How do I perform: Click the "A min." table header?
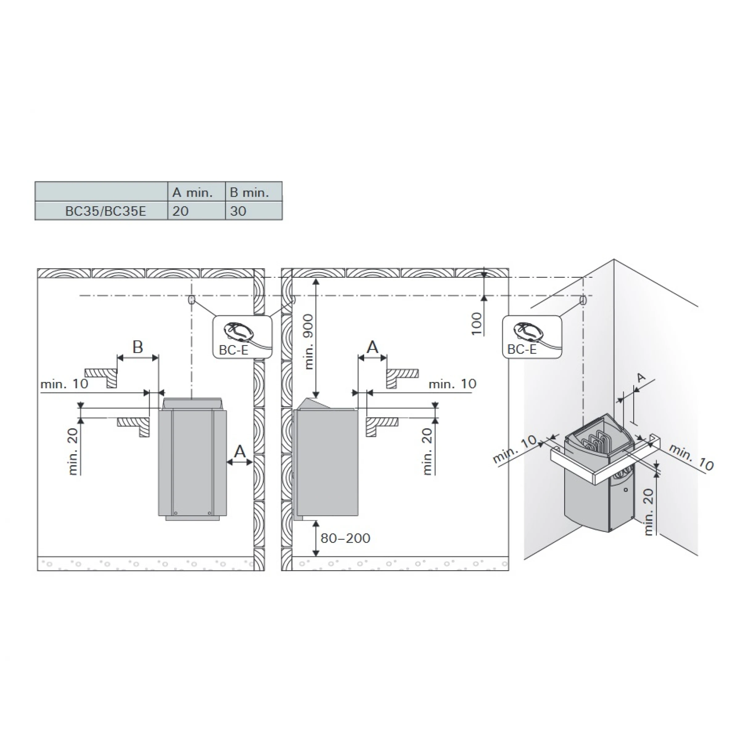click(x=192, y=192)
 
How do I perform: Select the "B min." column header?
click(x=249, y=192)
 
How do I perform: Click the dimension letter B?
click(x=138, y=347)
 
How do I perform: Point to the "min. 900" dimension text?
click(x=309, y=342)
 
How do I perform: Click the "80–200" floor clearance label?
click(x=345, y=538)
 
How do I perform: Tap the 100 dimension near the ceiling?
click(x=476, y=324)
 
